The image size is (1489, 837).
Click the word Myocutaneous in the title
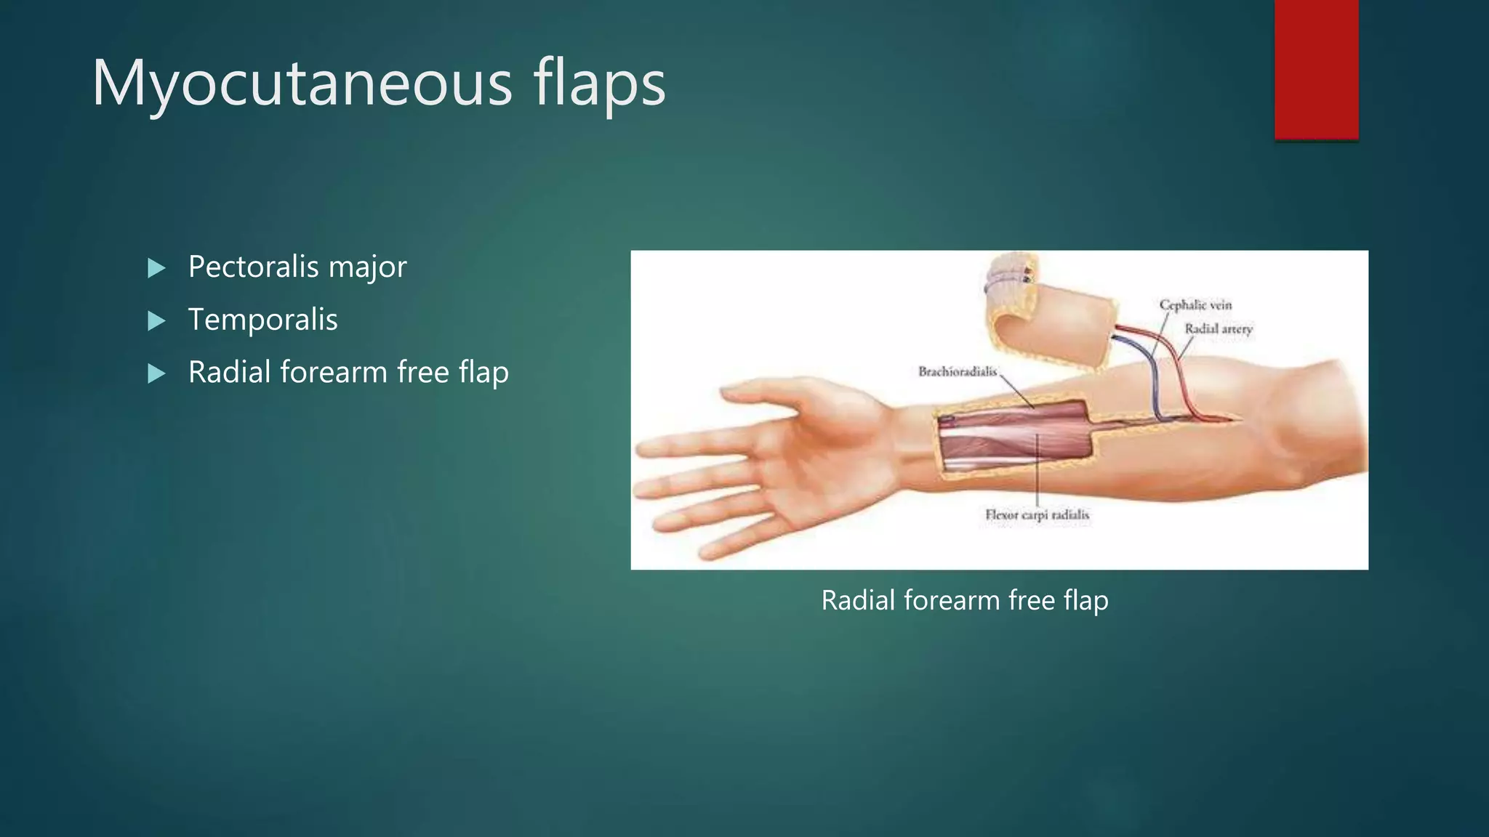[x=302, y=84]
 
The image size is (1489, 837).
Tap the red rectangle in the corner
[x=1316, y=69]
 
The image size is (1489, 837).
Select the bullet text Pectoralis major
[x=297, y=267]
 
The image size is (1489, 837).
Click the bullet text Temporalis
[x=262, y=320]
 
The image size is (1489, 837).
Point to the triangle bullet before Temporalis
[x=156, y=320]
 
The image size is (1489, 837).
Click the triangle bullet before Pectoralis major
[x=156, y=268]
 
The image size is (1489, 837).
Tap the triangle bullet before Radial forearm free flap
[x=156, y=373]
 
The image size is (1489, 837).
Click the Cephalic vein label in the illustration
[x=1195, y=305]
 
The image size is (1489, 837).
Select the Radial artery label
[x=1219, y=329]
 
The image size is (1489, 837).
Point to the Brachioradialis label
[x=957, y=372]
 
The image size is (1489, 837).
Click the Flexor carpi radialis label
[x=1037, y=515]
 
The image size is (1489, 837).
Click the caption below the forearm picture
[x=964, y=601]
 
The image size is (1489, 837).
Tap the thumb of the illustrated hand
[x=778, y=392]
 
